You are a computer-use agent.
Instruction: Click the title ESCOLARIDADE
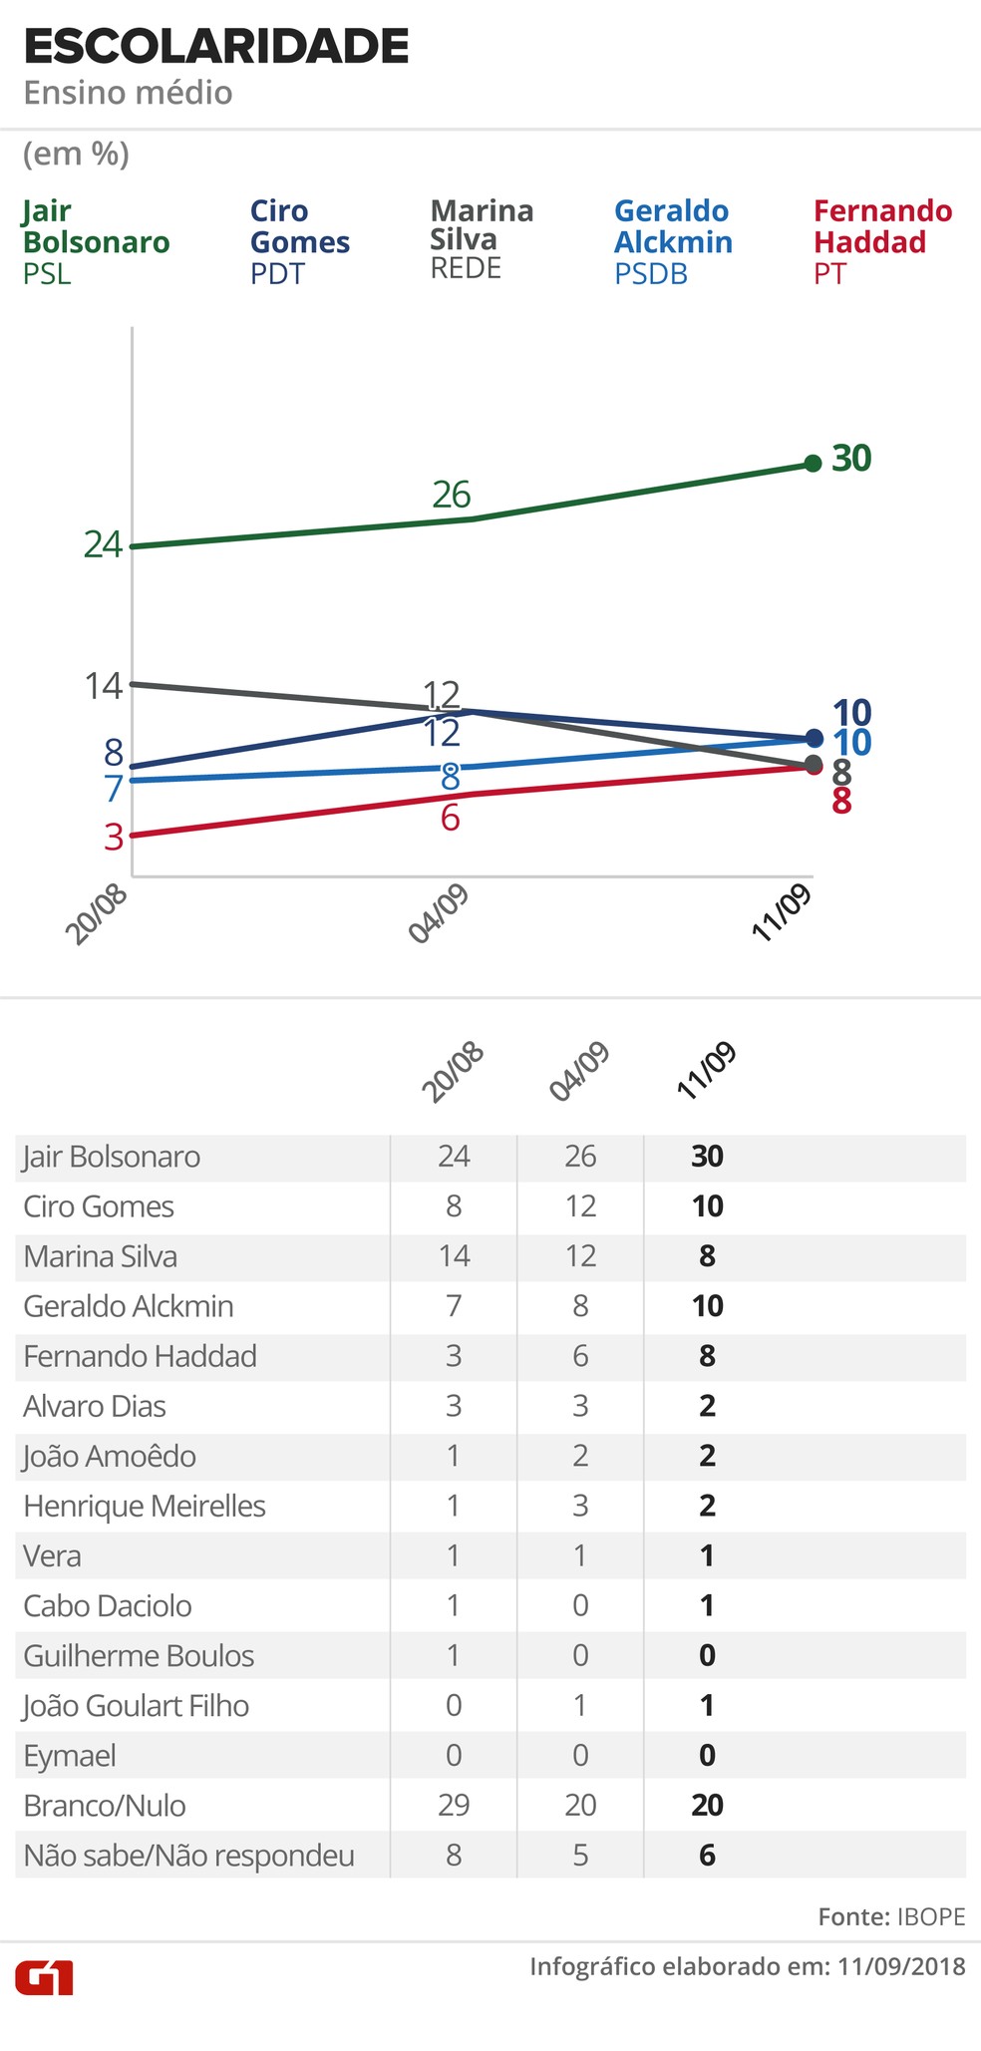tap(215, 47)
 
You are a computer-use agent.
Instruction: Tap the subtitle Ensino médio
tap(128, 93)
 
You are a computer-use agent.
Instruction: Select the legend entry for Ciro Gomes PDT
tap(299, 241)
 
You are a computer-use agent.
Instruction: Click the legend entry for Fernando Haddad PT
tap(882, 241)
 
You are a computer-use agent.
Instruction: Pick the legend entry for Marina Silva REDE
tap(482, 239)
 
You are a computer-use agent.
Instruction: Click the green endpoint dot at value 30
tap(813, 463)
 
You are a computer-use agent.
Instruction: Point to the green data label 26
tap(452, 495)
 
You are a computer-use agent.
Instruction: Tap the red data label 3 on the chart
tap(114, 837)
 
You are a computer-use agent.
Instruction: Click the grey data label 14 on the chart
tap(103, 686)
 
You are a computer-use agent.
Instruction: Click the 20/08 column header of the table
tap(453, 1073)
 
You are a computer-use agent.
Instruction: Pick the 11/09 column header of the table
tap(707, 1071)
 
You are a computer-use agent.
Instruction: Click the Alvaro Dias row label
tap(95, 1406)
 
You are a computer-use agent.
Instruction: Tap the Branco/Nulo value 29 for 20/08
tap(454, 1805)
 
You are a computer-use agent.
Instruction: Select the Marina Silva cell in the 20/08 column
tap(454, 1256)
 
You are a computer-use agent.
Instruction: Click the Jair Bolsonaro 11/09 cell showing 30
tap(707, 1157)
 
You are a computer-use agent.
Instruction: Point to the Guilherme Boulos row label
tap(139, 1655)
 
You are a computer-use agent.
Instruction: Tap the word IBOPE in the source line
tap(931, 1916)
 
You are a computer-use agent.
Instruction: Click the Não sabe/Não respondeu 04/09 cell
tap(580, 1855)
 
